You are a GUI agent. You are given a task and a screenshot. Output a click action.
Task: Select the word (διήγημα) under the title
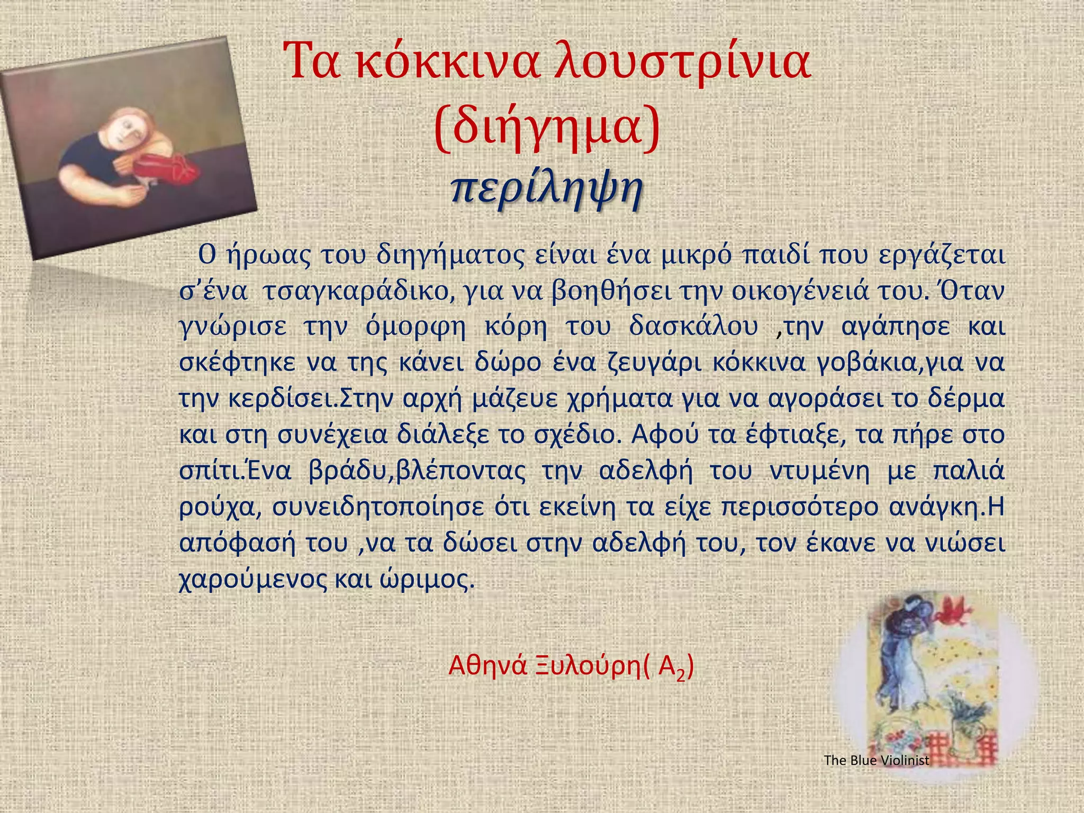point(547,126)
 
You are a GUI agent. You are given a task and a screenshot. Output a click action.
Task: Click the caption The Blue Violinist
point(877,761)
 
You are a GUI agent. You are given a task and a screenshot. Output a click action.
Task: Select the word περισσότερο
point(799,507)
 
